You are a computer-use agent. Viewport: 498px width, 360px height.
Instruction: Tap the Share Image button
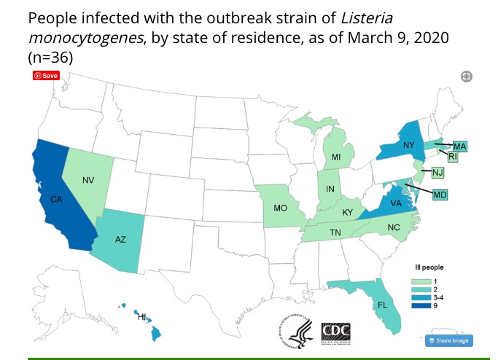[x=449, y=340]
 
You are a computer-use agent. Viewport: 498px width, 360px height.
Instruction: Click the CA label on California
[x=55, y=199]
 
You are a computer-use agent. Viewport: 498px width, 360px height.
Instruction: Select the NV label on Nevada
[x=87, y=179]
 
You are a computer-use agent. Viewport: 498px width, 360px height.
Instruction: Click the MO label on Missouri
[x=279, y=208]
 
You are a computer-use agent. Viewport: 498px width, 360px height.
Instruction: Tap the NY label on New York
[x=408, y=145]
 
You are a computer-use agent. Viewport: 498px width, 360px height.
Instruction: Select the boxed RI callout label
[x=452, y=156]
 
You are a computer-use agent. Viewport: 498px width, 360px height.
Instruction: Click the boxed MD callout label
[x=440, y=195]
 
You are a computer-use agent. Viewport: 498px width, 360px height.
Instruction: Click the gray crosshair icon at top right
[x=467, y=77]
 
